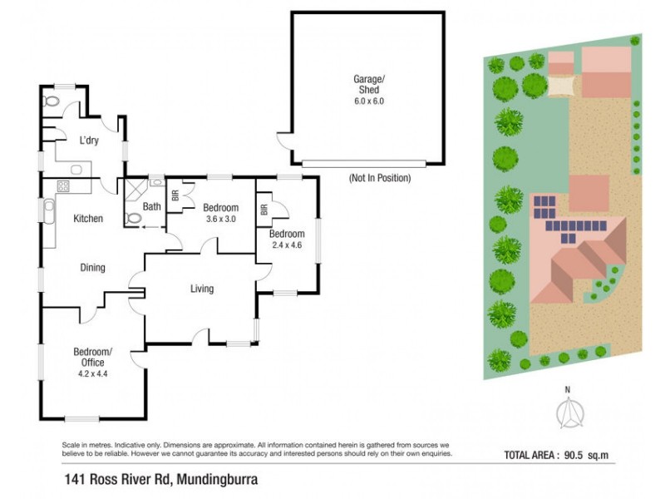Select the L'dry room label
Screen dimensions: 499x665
[x=89, y=141]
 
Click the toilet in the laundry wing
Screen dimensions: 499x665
[x=51, y=101]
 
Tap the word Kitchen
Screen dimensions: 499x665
[x=88, y=219]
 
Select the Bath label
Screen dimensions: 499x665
[x=151, y=207]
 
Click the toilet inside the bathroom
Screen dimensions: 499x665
[x=134, y=219]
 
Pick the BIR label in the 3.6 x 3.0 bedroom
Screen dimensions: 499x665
[x=175, y=196]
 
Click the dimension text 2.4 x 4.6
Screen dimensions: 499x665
[x=288, y=245]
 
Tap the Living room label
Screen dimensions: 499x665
[x=202, y=289]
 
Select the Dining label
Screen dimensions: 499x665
[x=92, y=268]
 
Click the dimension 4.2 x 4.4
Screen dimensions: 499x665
[x=88, y=373]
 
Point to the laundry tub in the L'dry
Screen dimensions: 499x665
[x=77, y=170]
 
